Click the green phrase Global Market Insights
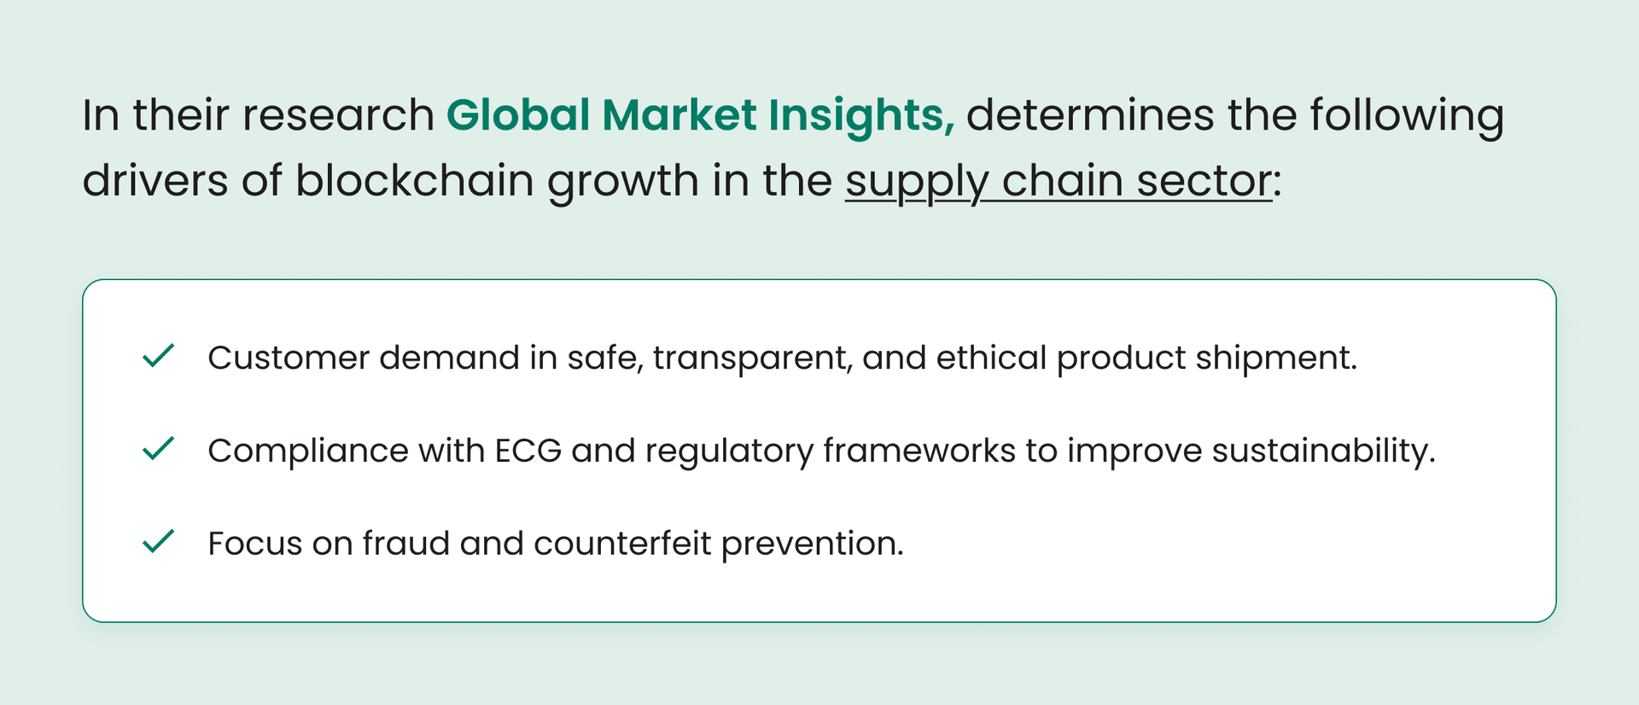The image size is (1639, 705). (x=700, y=115)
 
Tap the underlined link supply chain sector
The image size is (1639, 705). (x=1059, y=181)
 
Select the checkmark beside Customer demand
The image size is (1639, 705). (x=158, y=355)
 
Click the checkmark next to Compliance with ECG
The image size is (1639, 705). (x=158, y=448)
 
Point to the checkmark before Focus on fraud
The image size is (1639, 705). (x=158, y=541)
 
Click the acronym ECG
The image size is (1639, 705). (x=528, y=451)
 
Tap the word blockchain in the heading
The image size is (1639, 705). (x=414, y=181)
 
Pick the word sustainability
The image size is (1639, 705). (x=1323, y=451)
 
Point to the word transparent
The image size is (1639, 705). (x=753, y=358)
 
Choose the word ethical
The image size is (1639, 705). (x=991, y=358)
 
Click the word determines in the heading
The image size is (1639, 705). (x=1089, y=115)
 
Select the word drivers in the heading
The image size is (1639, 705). (x=155, y=181)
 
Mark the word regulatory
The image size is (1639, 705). (x=729, y=451)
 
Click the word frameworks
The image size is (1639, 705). (x=919, y=451)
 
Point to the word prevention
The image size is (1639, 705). (x=812, y=544)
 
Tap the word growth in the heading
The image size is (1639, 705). (x=622, y=181)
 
